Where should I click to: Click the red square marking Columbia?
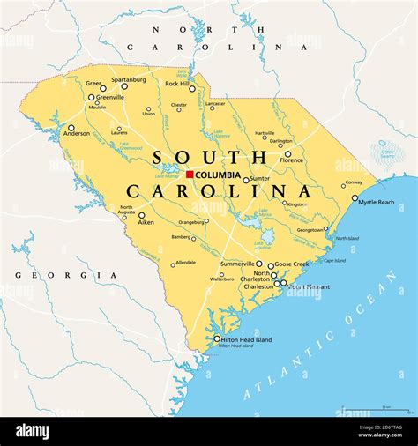click(x=190, y=175)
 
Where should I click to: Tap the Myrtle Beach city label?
click(x=377, y=202)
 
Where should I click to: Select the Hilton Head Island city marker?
click(x=217, y=338)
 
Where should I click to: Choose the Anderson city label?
click(x=76, y=134)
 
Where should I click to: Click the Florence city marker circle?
click(x=287, y=154)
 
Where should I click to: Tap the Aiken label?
click(x=146, y=223)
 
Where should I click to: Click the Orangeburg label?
click(x=191, y=222)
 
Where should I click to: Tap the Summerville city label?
click(x=237, y=264)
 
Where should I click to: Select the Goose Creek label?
click(x=291, y=264)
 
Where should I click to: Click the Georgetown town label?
click(x=310, y=229)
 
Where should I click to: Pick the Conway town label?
click(x=353, y=182)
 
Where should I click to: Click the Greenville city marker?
click(x=91, y=98)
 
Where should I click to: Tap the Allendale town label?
click(x=185, y=263)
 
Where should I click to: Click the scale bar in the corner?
click(x=374, y=410)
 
